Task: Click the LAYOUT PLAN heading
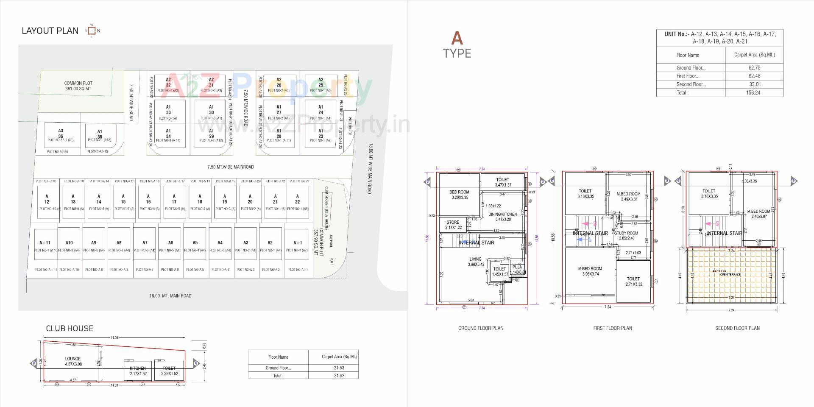pyautogui.click(x=50, y=31)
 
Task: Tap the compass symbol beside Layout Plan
pyautogui.click(x=92, y=31)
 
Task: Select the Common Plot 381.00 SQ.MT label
pyautogui.click(x=78, y=86)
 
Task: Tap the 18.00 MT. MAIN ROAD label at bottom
pyautogui.click(x=170, y=296)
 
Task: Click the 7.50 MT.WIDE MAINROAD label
pyautogui.click(x=230, y=167)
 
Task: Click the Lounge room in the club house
pyautogui.click(x=73, y=361)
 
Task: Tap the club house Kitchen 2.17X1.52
pyautogui.click(x=138, y=371)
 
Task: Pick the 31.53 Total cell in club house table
pyautogui.click(x=339, y=376)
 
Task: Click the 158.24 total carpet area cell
pyautogui.click(x=753, y=92)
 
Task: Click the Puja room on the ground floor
pyautogui.click(x=517, y=270)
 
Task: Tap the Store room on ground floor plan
pyautogui.click(x=453, y=225)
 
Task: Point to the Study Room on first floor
pyautogui.click(x=626, y=235)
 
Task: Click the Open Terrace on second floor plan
pyautogui.click(x=731, y=275)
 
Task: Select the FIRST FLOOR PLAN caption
pyautogui.click(x=612, y=328)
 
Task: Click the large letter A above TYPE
pyautogui.click(x=457, y=39)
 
